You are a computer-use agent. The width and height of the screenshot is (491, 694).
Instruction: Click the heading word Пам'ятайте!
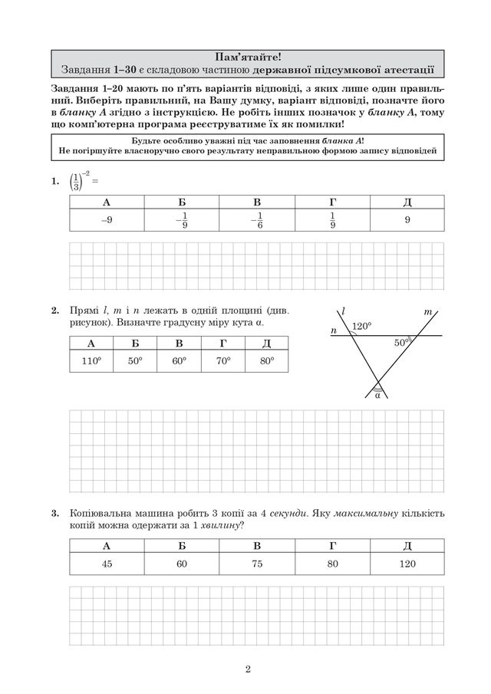(x=245, y=55)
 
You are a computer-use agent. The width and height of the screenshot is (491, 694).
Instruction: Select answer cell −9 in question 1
(x=107, y=220)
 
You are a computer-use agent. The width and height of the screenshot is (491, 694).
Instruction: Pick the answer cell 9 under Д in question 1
(x=407, y=220)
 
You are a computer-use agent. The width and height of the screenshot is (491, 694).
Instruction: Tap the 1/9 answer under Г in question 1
(x=332, y=221)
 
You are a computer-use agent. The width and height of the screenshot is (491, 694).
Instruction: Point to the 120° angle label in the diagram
(x=361, y=326)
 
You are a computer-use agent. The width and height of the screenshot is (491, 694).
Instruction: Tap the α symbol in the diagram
(x=377, y=396)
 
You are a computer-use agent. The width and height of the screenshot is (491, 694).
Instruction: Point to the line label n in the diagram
(x=334, y=331)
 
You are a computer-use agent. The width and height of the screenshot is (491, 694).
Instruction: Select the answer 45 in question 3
(x=107, y=564)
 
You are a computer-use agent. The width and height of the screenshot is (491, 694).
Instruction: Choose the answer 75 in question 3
(x=257, y=564)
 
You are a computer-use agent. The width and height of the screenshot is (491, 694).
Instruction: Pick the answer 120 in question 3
(x=407, y=564)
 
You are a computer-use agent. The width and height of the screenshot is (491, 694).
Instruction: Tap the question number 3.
(x=54, y=512)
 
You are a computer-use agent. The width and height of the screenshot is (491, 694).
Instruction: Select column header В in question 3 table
(x=257, y=545)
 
